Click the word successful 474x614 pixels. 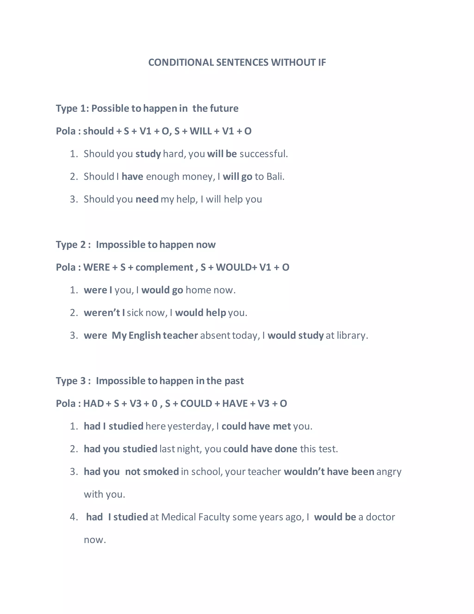263,154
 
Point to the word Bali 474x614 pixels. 275,177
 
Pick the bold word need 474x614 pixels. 147,199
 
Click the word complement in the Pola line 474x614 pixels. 164,267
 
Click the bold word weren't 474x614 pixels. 102,313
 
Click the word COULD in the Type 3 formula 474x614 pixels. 196,404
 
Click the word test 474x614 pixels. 328,449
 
